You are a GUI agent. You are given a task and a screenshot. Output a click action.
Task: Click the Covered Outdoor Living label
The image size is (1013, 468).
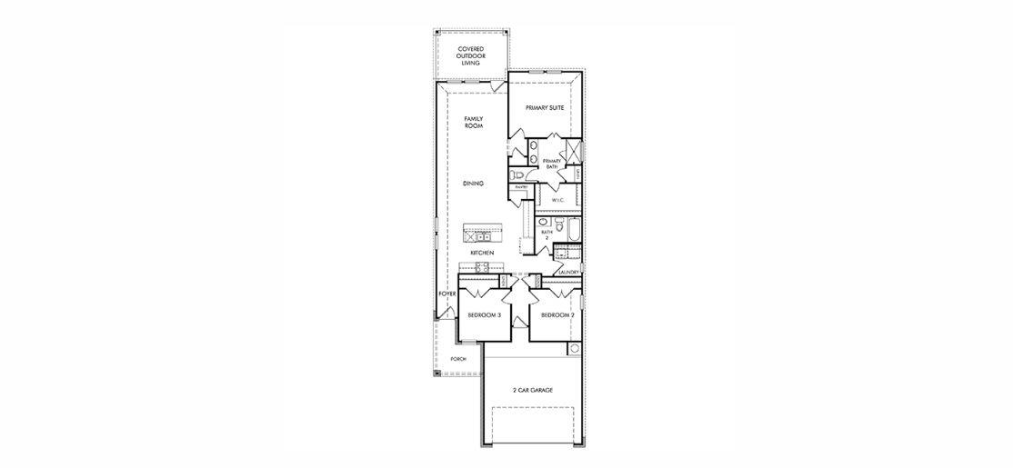point(469,55)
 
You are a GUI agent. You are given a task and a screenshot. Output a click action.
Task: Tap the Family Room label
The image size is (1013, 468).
point(473,122)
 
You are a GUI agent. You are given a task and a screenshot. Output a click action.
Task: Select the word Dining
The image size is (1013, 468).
point(473,184)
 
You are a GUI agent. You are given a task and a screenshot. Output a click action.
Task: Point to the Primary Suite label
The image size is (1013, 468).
point(546,107)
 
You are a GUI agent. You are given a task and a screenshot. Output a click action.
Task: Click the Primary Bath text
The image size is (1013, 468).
point(552,164)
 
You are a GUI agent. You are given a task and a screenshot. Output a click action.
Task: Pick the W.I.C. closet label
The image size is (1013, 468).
point(558,200)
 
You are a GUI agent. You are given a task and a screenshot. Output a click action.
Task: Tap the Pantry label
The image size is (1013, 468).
point(521,187)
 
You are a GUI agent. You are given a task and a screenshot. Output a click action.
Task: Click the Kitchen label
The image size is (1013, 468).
point(482,253)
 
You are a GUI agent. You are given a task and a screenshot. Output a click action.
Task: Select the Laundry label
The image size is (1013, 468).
point(569,272)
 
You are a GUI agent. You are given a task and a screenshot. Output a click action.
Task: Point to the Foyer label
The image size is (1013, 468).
point(446,294)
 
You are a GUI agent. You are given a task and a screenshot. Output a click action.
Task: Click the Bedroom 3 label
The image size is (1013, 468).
point(485,315)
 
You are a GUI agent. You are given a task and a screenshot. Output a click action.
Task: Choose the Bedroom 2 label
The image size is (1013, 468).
point(557,315)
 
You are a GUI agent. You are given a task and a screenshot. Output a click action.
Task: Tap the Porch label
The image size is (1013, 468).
point(458,359)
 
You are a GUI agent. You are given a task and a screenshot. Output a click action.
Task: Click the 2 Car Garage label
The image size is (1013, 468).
point(532,390)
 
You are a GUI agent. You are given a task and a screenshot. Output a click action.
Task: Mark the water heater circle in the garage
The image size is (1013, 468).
point(574,349)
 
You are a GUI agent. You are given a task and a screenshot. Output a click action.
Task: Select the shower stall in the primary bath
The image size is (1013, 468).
point(574,151)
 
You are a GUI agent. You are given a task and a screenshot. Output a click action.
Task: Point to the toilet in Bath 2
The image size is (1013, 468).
point(557,224)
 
